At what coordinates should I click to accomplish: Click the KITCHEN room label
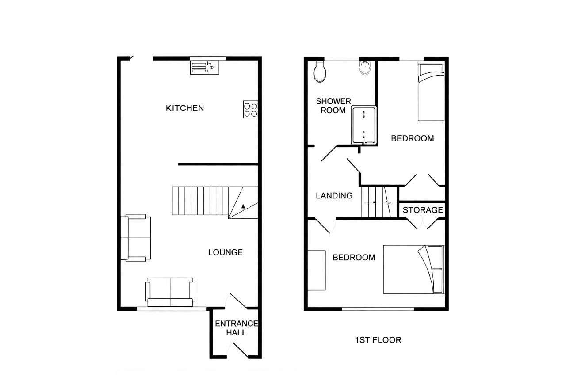click(185, 108)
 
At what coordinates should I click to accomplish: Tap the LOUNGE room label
click(226, 252)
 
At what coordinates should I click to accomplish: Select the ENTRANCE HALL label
click(236, 328)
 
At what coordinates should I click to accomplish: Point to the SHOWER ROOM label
click(333, 106)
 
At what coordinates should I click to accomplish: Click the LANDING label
click(334, 196)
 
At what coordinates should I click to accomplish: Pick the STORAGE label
click(423, 210)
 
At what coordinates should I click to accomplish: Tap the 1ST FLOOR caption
click(378, 340)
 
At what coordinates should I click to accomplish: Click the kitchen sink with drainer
click(205, 68)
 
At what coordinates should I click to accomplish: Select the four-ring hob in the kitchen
click(250, 109)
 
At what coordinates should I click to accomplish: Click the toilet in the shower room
click(320, 72)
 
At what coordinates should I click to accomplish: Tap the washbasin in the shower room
click(365, 68)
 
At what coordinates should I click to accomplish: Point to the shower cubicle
click(364, 125)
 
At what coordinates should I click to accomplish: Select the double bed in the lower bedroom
click(413, 270)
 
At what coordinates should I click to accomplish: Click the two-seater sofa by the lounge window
click(170, 292)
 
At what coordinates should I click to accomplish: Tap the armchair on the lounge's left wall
click(136, 238)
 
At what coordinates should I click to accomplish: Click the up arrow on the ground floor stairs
click(243, 209)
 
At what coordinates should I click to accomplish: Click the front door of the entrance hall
click(240, 350)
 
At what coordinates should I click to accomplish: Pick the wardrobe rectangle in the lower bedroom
click(316, 270)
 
